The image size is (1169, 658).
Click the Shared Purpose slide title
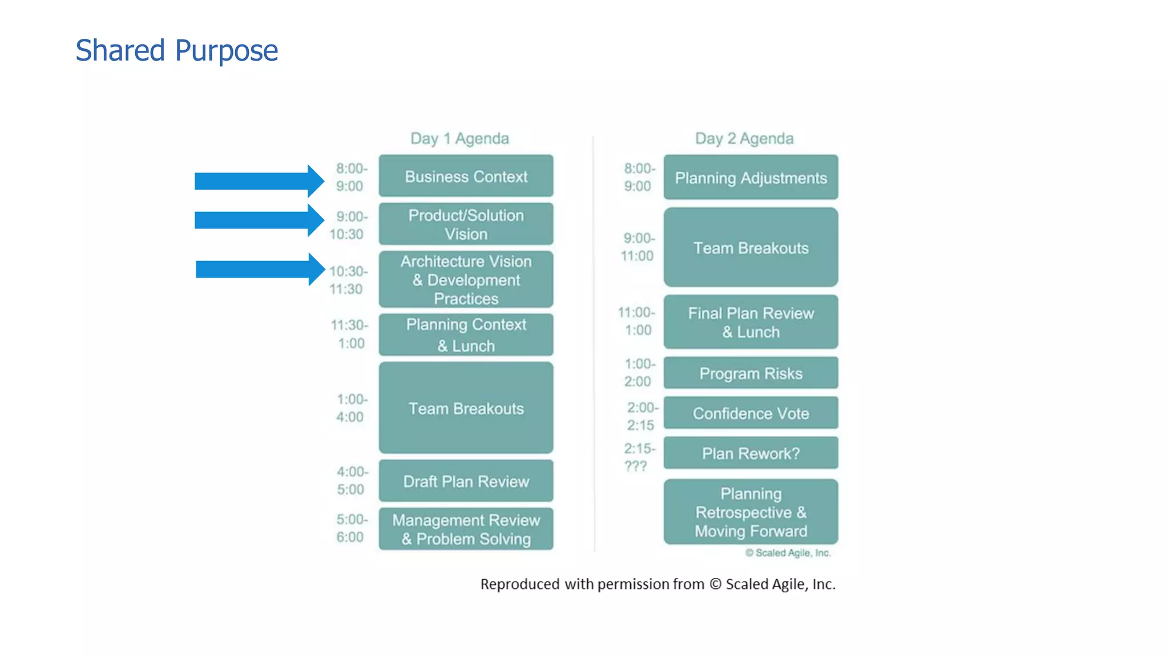176,50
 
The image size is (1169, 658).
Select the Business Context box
466,176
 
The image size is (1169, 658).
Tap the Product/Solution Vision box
466,224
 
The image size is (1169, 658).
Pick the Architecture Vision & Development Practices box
466,280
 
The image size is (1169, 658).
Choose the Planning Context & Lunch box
466,335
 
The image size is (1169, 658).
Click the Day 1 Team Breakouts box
466,408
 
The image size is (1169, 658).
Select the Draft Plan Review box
466,482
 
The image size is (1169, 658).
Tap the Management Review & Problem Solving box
466,529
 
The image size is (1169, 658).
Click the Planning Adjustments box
751,178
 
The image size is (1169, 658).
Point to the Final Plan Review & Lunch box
751,322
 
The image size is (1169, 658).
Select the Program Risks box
751,374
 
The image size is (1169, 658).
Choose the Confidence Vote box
751,414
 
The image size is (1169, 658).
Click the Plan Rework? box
751,454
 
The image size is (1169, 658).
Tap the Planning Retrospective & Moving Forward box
751,512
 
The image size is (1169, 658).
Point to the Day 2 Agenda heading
744,138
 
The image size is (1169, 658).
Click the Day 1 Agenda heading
459,138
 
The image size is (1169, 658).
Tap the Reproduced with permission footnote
658,584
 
